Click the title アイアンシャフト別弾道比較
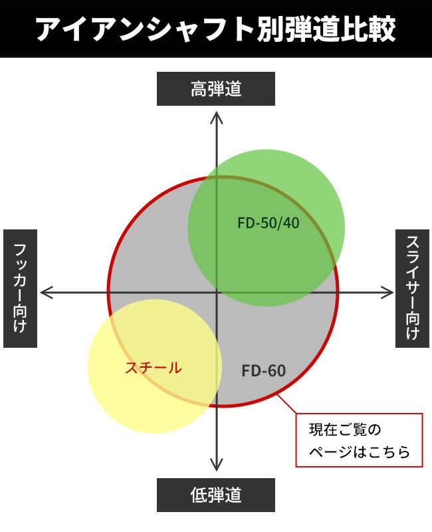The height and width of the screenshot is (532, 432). (x=215, y=29)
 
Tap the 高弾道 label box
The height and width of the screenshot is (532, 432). (x=215, y=89)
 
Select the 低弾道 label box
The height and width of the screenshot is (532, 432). (x=215, y=495)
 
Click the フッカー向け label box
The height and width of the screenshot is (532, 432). (x=20, y=289)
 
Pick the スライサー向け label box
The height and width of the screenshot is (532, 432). (x=412, y=289)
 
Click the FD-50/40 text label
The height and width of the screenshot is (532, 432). (x=269, y=223)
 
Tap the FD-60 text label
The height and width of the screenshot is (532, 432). (x=263, y=370)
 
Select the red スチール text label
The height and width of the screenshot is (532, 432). (x=154, y=368)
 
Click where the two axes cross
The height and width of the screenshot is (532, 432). (x=217, y=292)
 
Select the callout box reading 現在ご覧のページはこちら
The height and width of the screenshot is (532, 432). (x=359, y=440)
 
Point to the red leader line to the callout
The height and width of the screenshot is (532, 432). (x=287, y=404)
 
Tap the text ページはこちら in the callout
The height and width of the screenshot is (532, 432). (x=360, y=452)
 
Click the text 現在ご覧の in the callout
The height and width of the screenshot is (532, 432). (x=345, y=430)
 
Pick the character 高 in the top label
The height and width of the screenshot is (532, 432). (x=199, y=89)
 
